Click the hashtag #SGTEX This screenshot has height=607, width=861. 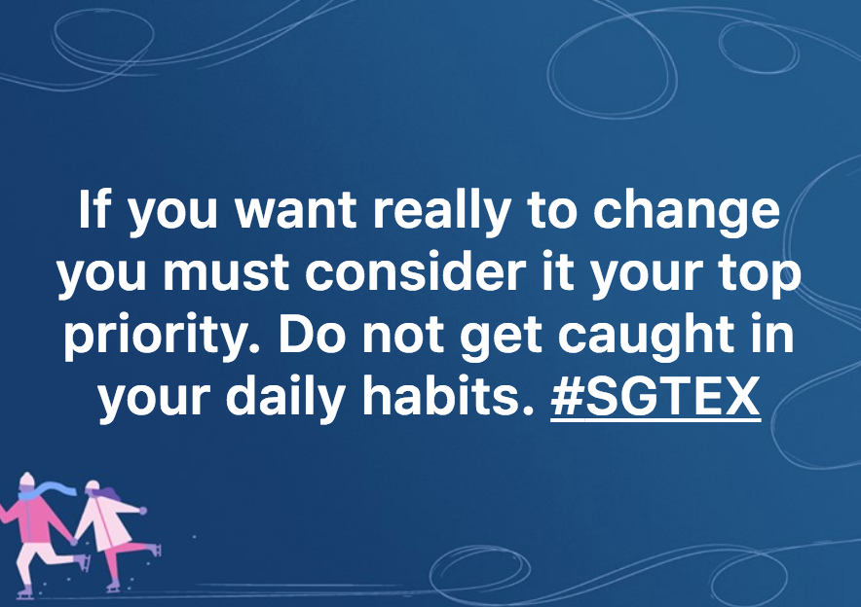pyautogui.click(x=655, y=397)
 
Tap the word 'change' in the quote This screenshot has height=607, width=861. pyautogui.click(x=687, y=212)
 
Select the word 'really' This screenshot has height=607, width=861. pyautogui.click(x=442, y=212)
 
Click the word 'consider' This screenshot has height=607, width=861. pyautogui.click(x=416, y=272)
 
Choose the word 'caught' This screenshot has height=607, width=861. pyautogui.click(x=647, y=336)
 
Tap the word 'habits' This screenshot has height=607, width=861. pyautogui.click(x=447, y=396)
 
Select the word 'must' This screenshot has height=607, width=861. pyautogui.click(x=226, y=273)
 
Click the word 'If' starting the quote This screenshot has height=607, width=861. pyautogui.click(x=94, y=208)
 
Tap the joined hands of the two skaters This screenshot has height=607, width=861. pyautogui.click(x=74, y=541)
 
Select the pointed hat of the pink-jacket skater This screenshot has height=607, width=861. pyautogui.click(x=26, y=480)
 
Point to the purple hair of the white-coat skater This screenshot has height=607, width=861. pyautogui.click(x=109, y=494)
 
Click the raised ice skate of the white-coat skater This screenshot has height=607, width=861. pyautogui.click(x=156, y=549)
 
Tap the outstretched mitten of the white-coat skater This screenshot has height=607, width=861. pyautogui.click(x=143, y=511)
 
